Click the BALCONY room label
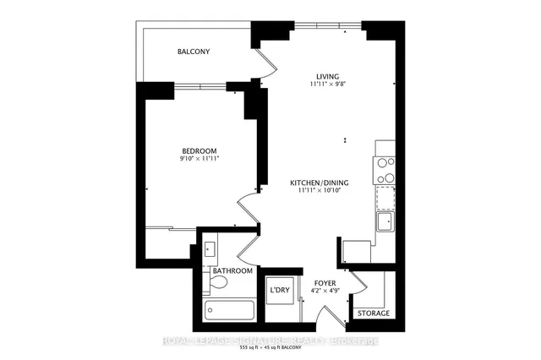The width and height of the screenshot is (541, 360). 194,52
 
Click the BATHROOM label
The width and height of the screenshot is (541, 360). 232,271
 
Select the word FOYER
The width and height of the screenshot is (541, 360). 325,284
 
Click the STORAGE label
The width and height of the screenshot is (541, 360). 373,314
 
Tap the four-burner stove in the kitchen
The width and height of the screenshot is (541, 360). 385,171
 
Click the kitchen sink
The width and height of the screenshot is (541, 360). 385,221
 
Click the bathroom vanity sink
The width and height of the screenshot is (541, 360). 211,249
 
